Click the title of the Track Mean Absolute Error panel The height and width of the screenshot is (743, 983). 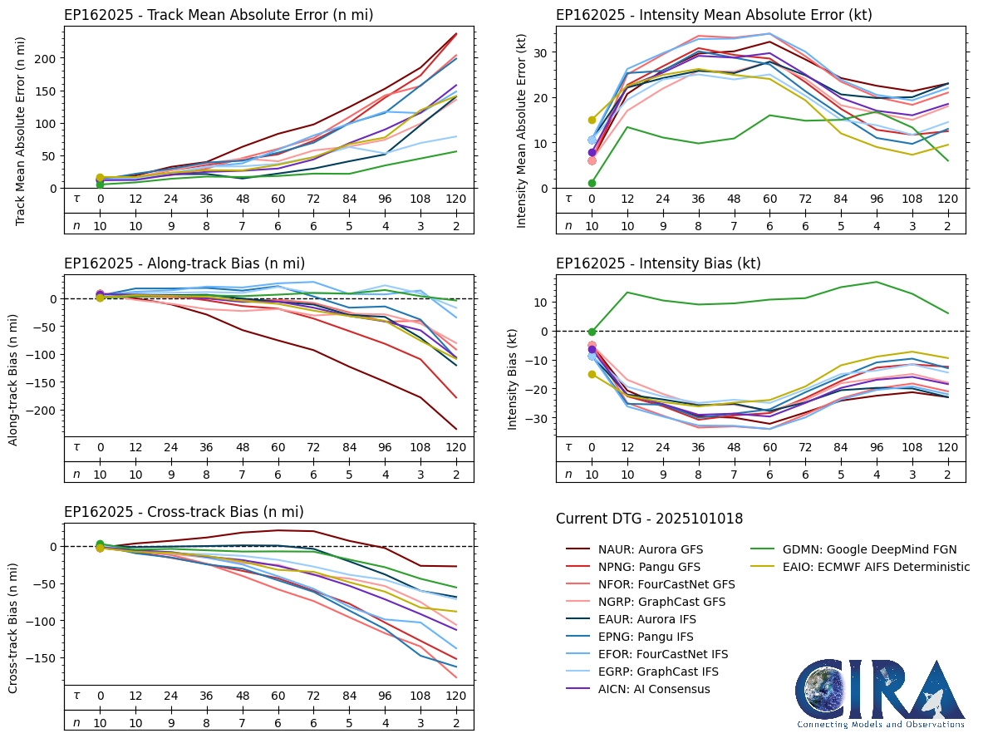pyautogui.click(x=218, y=15)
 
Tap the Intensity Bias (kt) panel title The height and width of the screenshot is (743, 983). pyautogui.click(x=658, y=263)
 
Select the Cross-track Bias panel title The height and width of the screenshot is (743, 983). pyautogui.click(x=184, y=512)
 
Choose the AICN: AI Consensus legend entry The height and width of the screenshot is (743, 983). pyautogui.click(x=637, y=689)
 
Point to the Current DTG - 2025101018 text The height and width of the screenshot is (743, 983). pyautogui.click(x=649, y=519)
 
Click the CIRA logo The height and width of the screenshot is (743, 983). pyautogui.click(x=880, y=692)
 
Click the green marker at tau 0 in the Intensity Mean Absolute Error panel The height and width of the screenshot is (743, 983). pyautogui.click(x=592, y=184)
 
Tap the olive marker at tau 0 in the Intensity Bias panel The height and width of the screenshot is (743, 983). pyautogui.click(x=592, y=375)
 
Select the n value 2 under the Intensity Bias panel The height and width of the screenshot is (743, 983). pyautogui.click(x=947, y=474)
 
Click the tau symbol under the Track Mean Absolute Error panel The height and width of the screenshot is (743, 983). pyautogui.click(x=76, y=199)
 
